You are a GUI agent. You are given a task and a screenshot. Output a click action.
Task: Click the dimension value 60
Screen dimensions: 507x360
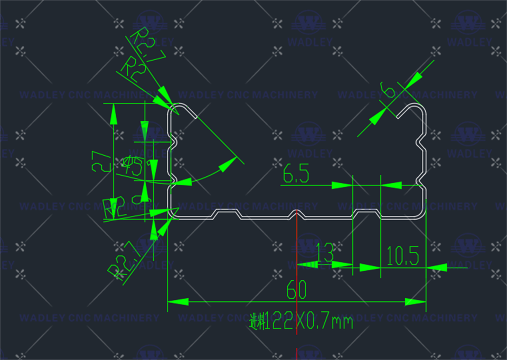coord(296,290)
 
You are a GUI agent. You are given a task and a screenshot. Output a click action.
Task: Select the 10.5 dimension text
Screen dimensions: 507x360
coord(402,257)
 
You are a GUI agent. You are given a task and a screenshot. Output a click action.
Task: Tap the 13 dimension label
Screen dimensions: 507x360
coord(324,253)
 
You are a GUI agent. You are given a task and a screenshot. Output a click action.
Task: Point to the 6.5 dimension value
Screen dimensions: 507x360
coord(296,175)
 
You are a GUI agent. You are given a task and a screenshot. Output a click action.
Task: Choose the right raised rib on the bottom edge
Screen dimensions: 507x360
coord(367,212)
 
